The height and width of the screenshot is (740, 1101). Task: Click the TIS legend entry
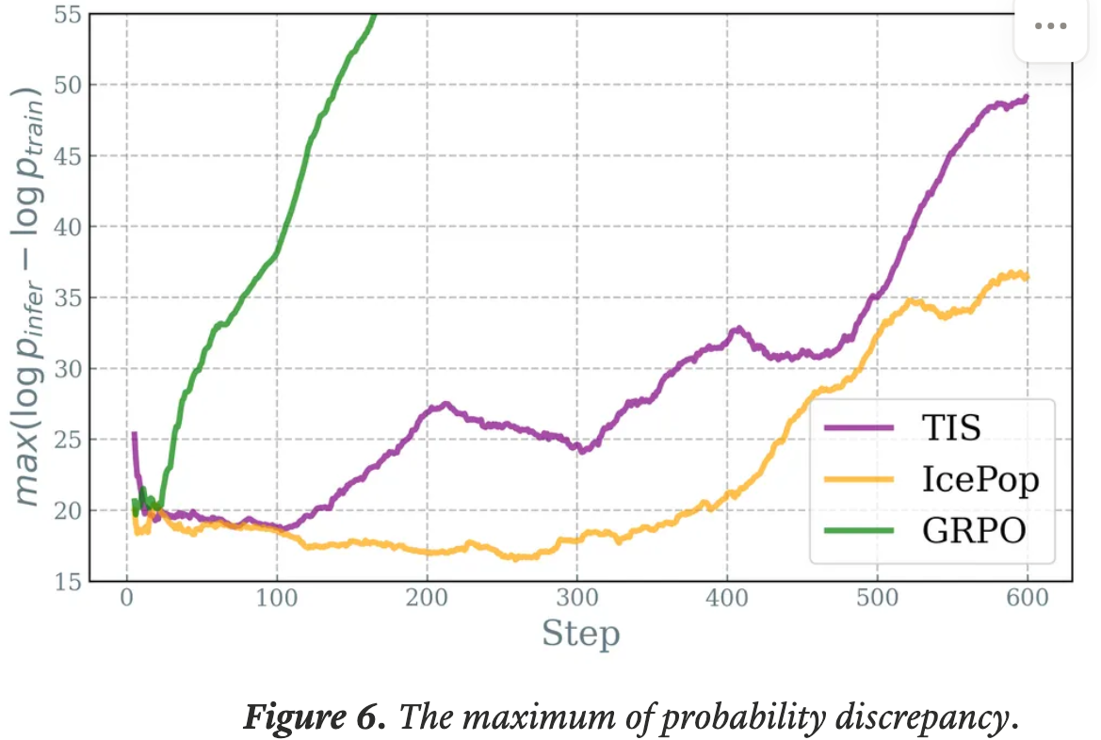950,427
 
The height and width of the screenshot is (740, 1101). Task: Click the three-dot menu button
1050,26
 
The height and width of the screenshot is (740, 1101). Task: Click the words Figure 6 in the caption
314,718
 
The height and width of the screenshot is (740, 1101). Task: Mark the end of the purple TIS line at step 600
1027,96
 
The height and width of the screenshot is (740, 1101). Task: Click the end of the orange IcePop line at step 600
1027,277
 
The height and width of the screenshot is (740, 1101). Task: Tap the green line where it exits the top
375,15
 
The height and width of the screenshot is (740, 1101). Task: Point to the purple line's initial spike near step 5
134,434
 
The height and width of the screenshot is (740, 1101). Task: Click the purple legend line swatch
858,427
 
